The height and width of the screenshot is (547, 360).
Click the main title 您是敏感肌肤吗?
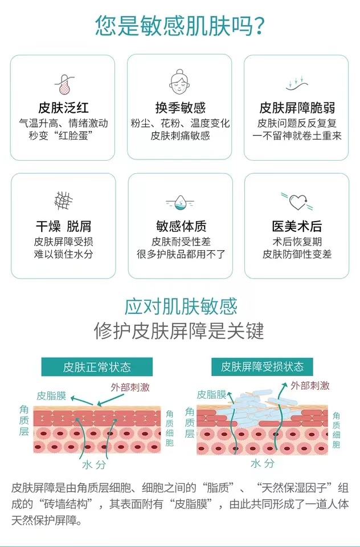[180, 26]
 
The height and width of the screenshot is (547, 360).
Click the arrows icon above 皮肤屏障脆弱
[297, 84]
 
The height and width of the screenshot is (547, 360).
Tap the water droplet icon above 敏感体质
[180, 202]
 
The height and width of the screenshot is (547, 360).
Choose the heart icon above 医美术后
[297, 201]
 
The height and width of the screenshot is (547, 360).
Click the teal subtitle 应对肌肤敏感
[180, 307]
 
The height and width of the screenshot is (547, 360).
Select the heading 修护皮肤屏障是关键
[180, 331]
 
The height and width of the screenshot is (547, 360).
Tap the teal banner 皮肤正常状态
[97, 367]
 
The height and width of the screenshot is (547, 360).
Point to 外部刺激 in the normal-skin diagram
[130, 387]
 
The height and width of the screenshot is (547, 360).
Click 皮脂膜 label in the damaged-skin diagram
[212, 394]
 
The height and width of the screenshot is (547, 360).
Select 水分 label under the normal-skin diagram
[94, 464]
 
